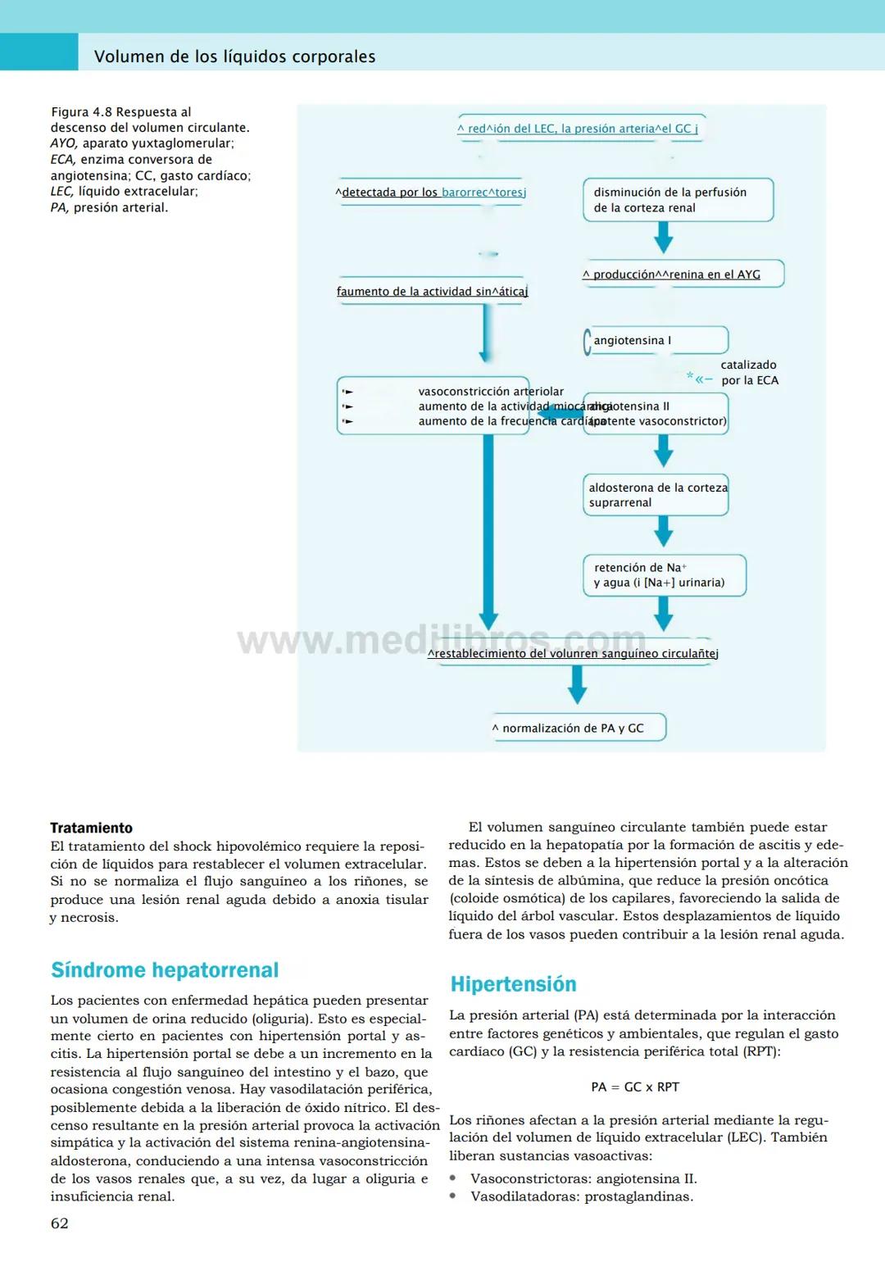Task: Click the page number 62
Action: pyautogui.click(x=60, y=1223)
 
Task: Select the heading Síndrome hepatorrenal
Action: pyautogui.click(x=165, y=970)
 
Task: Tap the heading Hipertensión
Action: pyautogui.click(x=513, y=984)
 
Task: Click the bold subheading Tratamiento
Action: pyautogui.click(x=91, y=828)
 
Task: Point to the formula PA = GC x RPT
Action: pyautogui.click(x=635, y=1087)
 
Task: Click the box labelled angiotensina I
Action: pyautogui.click(x=656, y=340)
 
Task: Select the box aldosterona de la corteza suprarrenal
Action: pyautogui.click(x=656, y=495)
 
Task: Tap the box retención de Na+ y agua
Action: pyautogui.click(x=664, y=575)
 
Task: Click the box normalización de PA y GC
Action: pyautogui.click(x=577, y=728)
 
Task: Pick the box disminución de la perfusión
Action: pyautogui.click(x=677, y=200)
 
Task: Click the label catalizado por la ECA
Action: pyautogui.click(x=749, y=373)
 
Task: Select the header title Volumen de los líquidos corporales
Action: pyautogui.click(x=234, y=57)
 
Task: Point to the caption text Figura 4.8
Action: pyautogui.click(x=81, y=112)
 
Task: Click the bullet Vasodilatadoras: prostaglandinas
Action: pyautogui.click(x=581, y=1196)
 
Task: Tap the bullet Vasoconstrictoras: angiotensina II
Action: pyautogui.click(x=583, y=1178)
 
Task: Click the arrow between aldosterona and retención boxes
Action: pyautogui.click(x=664, y=532)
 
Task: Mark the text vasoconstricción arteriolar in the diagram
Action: pyautogui.click(x=490, y=392)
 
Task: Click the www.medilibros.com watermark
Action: pyautogui.click(x=442, y=639)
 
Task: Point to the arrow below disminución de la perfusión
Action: pyautogui.click(x=664, y=238)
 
